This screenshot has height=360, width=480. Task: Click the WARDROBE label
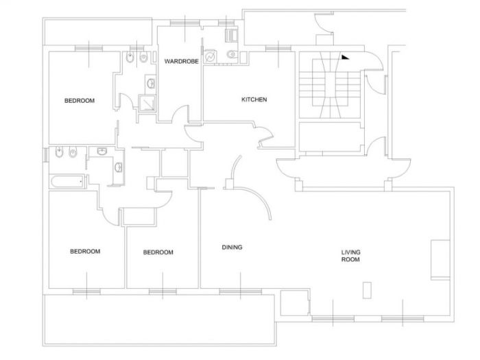coord(182,61)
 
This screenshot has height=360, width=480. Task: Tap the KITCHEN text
coord(254,99)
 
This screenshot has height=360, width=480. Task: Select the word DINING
coord(232,247)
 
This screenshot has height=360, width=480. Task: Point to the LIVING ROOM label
coord(351,256)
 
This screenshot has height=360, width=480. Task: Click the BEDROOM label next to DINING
coord(158,252)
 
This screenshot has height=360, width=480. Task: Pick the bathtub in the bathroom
coord(67,182)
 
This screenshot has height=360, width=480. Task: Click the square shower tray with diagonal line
coord(147,103)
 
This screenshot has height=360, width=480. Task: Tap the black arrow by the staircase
coord(345,57)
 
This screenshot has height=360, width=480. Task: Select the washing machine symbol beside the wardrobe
coord(211,57)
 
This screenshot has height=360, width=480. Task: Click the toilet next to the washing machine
coord(232,54)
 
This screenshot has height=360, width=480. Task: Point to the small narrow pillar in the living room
coord(367,290)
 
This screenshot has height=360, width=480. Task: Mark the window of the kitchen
coord(278,49)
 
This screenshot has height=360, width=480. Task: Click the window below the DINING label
coord(241,291)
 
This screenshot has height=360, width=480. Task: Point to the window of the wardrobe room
coord(185,23)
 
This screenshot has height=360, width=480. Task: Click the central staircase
coord(330,85)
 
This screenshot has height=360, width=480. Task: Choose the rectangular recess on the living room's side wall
coord(440,260)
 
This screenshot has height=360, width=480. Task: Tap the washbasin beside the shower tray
coord(150,83)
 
